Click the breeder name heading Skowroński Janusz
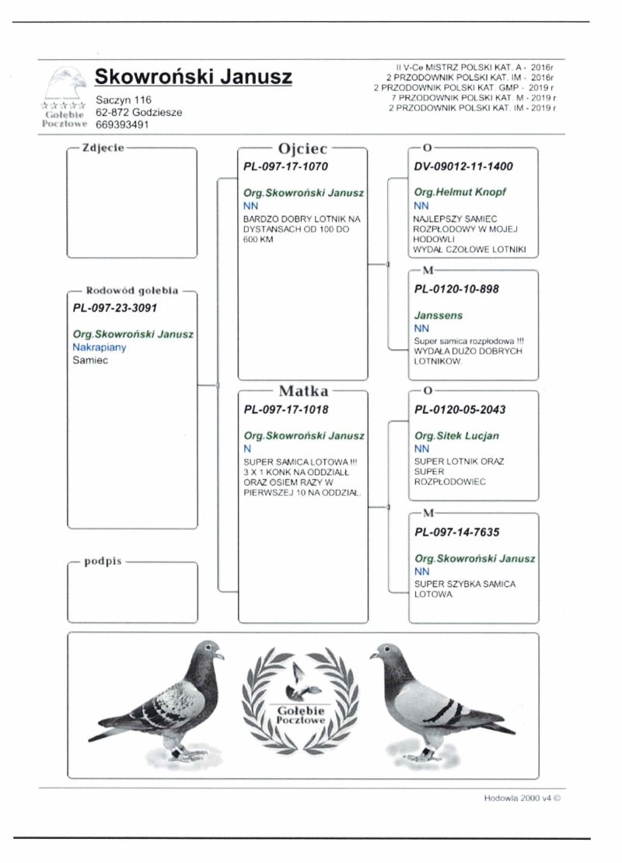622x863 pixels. [x=193, y=76]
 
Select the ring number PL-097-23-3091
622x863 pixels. [x=115, y=307]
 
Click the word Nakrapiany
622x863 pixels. [x=99, y=348]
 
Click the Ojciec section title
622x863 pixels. [x=302, y=148]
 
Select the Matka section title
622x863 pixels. [x=303, y=391]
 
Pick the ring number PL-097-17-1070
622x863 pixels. [x=286, y=166]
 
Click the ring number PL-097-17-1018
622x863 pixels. [x=286, y=410]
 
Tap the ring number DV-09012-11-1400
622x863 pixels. [x=464, y=166]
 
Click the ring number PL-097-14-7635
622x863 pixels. [x=457, y=533]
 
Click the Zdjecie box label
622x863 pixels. [x=103, y=147]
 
